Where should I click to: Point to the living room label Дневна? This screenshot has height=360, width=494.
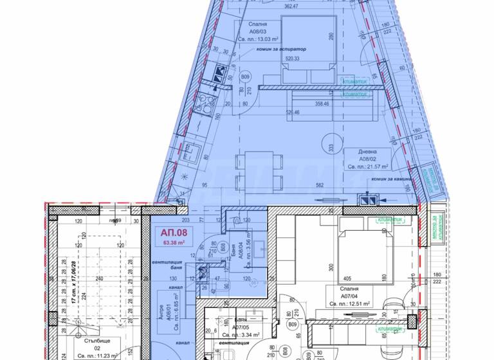tap(354, 152)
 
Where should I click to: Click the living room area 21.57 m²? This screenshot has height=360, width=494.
tap(369, 166)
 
